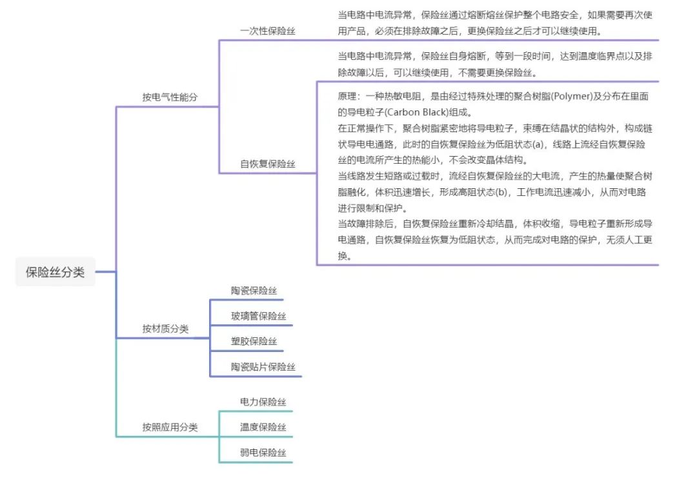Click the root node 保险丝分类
pyautogui.click(x=55, y=272)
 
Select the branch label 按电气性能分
pyautogui.click(x=170, y=97)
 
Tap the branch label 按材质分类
pyautogui.click(x=165, y=329)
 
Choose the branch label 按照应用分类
pyautogui.click(x=170, y=427)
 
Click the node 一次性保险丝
pyautogui.click(x=267, y=30)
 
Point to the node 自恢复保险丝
pyautogui.click(x=267, y=164)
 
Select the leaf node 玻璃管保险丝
pyautogui.click(x=258, y=316)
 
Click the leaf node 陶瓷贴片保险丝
pyautogui.click(x=263, y=367)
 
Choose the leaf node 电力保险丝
pyautogui.click(x=263, y=402)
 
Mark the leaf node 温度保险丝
pyautogui.click(x=263, y=427)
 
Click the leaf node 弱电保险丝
pyautogui.click(x=263, y=453)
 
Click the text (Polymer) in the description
pyautogui.click(x=569, y=97)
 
